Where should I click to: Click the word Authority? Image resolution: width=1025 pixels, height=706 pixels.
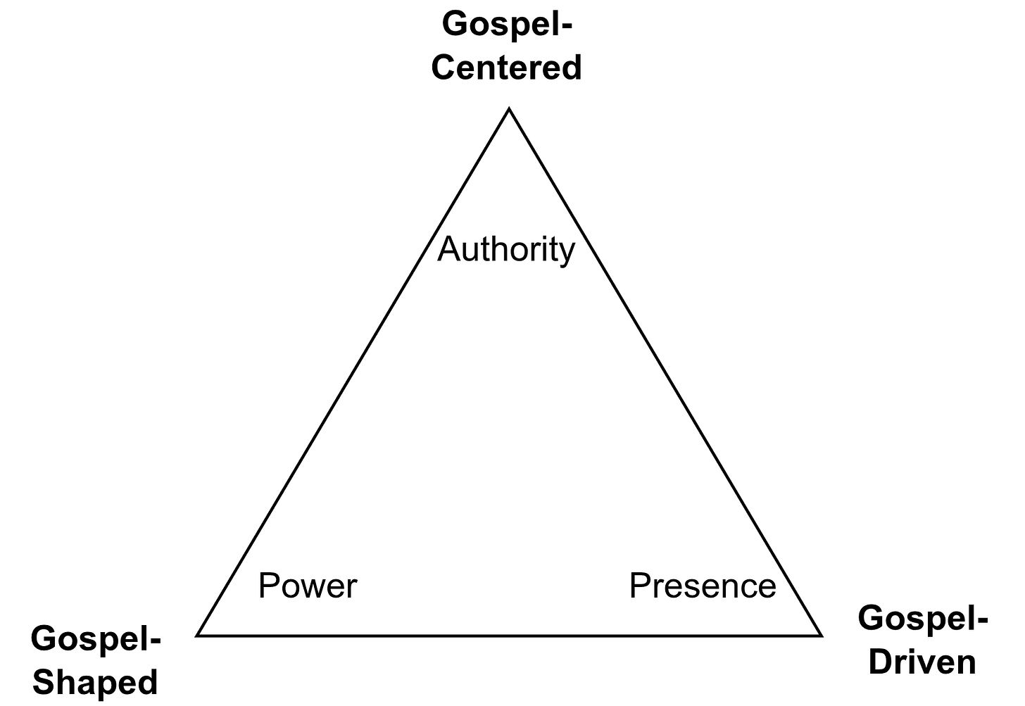(x=506, y=250)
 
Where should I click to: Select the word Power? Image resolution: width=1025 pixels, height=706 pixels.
(x=308, y=586)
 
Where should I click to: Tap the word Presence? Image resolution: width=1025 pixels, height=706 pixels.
(x=702, y=586)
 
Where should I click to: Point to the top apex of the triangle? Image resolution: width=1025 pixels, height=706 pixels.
(x=509, y=113)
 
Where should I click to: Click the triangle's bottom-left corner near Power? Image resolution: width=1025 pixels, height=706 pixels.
(x=202, y=633)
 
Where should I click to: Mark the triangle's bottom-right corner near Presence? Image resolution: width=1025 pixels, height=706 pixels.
(x=816, y=633)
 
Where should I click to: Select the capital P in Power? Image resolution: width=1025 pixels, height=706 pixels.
(x=270, y=586)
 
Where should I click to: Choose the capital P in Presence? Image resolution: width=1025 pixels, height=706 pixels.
(x=641, y=586)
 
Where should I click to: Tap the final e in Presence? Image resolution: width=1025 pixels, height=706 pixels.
(x=767, y=590)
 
